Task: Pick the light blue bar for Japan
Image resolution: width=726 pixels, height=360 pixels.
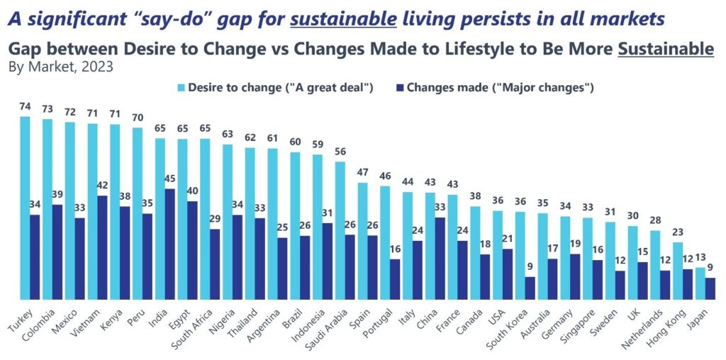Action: [x=700, y=283]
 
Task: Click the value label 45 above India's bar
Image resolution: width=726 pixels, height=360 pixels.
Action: [x=170, y=180]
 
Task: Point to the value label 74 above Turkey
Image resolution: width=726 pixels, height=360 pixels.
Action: [x=25, y=107]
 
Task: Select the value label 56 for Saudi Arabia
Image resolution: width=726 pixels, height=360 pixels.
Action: [x=340, y=152]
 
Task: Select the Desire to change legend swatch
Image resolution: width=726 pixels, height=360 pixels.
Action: [x=181, y=88]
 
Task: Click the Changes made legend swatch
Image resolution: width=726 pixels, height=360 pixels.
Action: [x=401, y=88]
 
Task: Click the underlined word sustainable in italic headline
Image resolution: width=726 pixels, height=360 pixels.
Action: [x=343, y=18]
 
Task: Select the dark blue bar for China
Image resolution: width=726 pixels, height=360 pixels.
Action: [x=440, y=258]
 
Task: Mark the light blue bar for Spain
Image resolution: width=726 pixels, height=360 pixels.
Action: [x=362, y=241]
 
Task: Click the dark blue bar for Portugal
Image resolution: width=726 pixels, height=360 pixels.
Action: [x=395, y=279]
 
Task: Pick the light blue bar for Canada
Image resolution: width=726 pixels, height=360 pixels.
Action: [x=475, y=252]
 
